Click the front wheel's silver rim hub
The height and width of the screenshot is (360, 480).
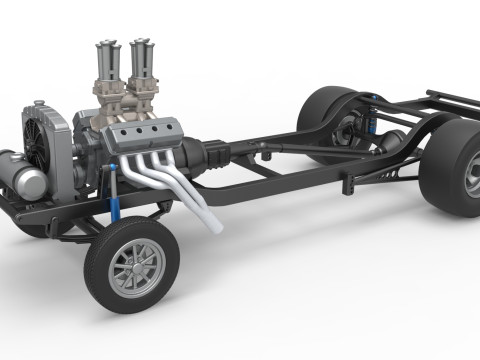(x=137, y=266)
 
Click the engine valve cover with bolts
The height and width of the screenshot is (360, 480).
(x=141, y=136)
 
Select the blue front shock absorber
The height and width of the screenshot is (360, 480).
(x=118, y=205)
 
